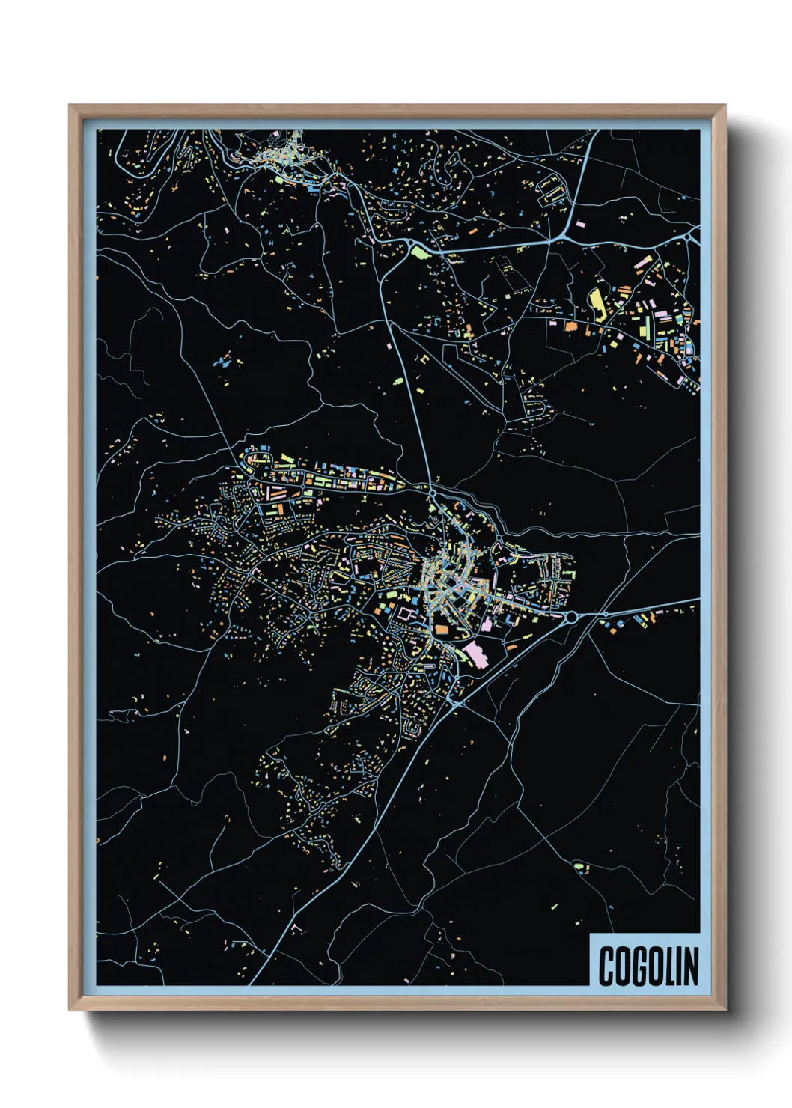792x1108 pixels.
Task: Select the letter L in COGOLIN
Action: (668, 967)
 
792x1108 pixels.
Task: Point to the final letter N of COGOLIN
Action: (691, 967)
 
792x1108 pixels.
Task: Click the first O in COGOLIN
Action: (623, 967)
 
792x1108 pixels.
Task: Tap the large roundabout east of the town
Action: (571, 617)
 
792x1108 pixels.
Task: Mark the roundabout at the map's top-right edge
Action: (689, 237)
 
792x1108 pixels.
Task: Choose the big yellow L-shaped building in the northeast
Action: (597, 302)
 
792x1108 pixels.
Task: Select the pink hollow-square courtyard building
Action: (409, 613)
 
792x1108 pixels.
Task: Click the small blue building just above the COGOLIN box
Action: (611, 907)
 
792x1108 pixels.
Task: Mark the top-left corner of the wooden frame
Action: (70, 106)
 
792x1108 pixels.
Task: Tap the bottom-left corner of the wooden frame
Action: (70, 1010)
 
